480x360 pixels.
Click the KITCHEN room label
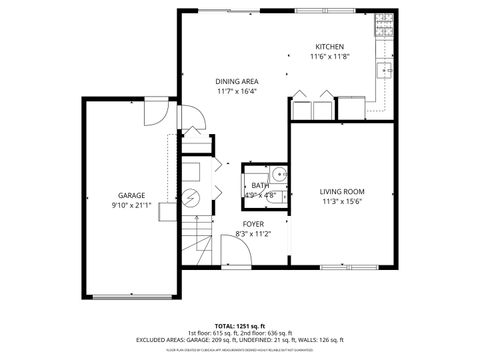[329, 47]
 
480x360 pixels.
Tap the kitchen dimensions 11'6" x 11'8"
[329, 58]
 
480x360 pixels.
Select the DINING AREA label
[236, 80]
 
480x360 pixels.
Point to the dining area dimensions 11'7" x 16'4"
[236, 91]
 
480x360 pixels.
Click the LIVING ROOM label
[341, 190]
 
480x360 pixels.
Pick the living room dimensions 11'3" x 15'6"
[341, 201]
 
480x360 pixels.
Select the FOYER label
[253, 223]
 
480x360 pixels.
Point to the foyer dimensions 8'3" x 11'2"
[253, 234]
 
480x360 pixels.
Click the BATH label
[259, 185]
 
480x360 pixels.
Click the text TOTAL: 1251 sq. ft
[240, 326]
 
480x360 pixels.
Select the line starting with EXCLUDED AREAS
[240, 341]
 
